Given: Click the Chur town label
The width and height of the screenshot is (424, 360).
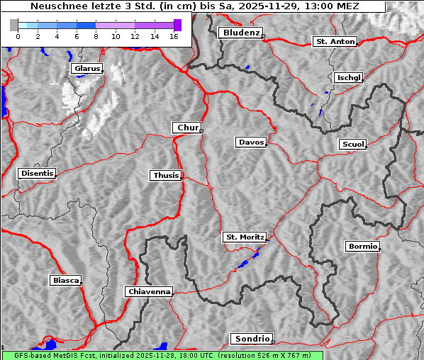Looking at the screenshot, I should [187, 128].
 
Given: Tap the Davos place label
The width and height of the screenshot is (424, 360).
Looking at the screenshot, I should [251, 142].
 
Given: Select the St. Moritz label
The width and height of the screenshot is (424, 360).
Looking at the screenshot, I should [245, 237].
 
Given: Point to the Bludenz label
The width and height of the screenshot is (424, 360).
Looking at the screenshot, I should [240, 33].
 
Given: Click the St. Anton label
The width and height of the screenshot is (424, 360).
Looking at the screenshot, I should [335, 42].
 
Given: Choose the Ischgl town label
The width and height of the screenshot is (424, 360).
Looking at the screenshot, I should [349, 77].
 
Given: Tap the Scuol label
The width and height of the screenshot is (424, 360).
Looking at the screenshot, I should [353, 144].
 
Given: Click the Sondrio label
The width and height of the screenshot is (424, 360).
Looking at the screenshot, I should [251, 339].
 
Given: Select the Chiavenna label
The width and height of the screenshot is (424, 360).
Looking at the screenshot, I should [149, 291].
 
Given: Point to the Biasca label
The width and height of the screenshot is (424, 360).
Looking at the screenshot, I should [66, 280].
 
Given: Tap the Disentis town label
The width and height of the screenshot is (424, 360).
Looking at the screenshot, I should [36, 173].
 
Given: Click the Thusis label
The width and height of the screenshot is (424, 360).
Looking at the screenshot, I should [166, 175].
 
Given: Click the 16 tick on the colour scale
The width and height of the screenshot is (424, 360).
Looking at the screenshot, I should [174, 36].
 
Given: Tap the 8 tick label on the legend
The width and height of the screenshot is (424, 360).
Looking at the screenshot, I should [96, 36].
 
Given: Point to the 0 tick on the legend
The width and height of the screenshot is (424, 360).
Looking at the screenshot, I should [18, 36].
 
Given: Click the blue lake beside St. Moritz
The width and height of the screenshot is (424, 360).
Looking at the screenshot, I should [245, 262].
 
